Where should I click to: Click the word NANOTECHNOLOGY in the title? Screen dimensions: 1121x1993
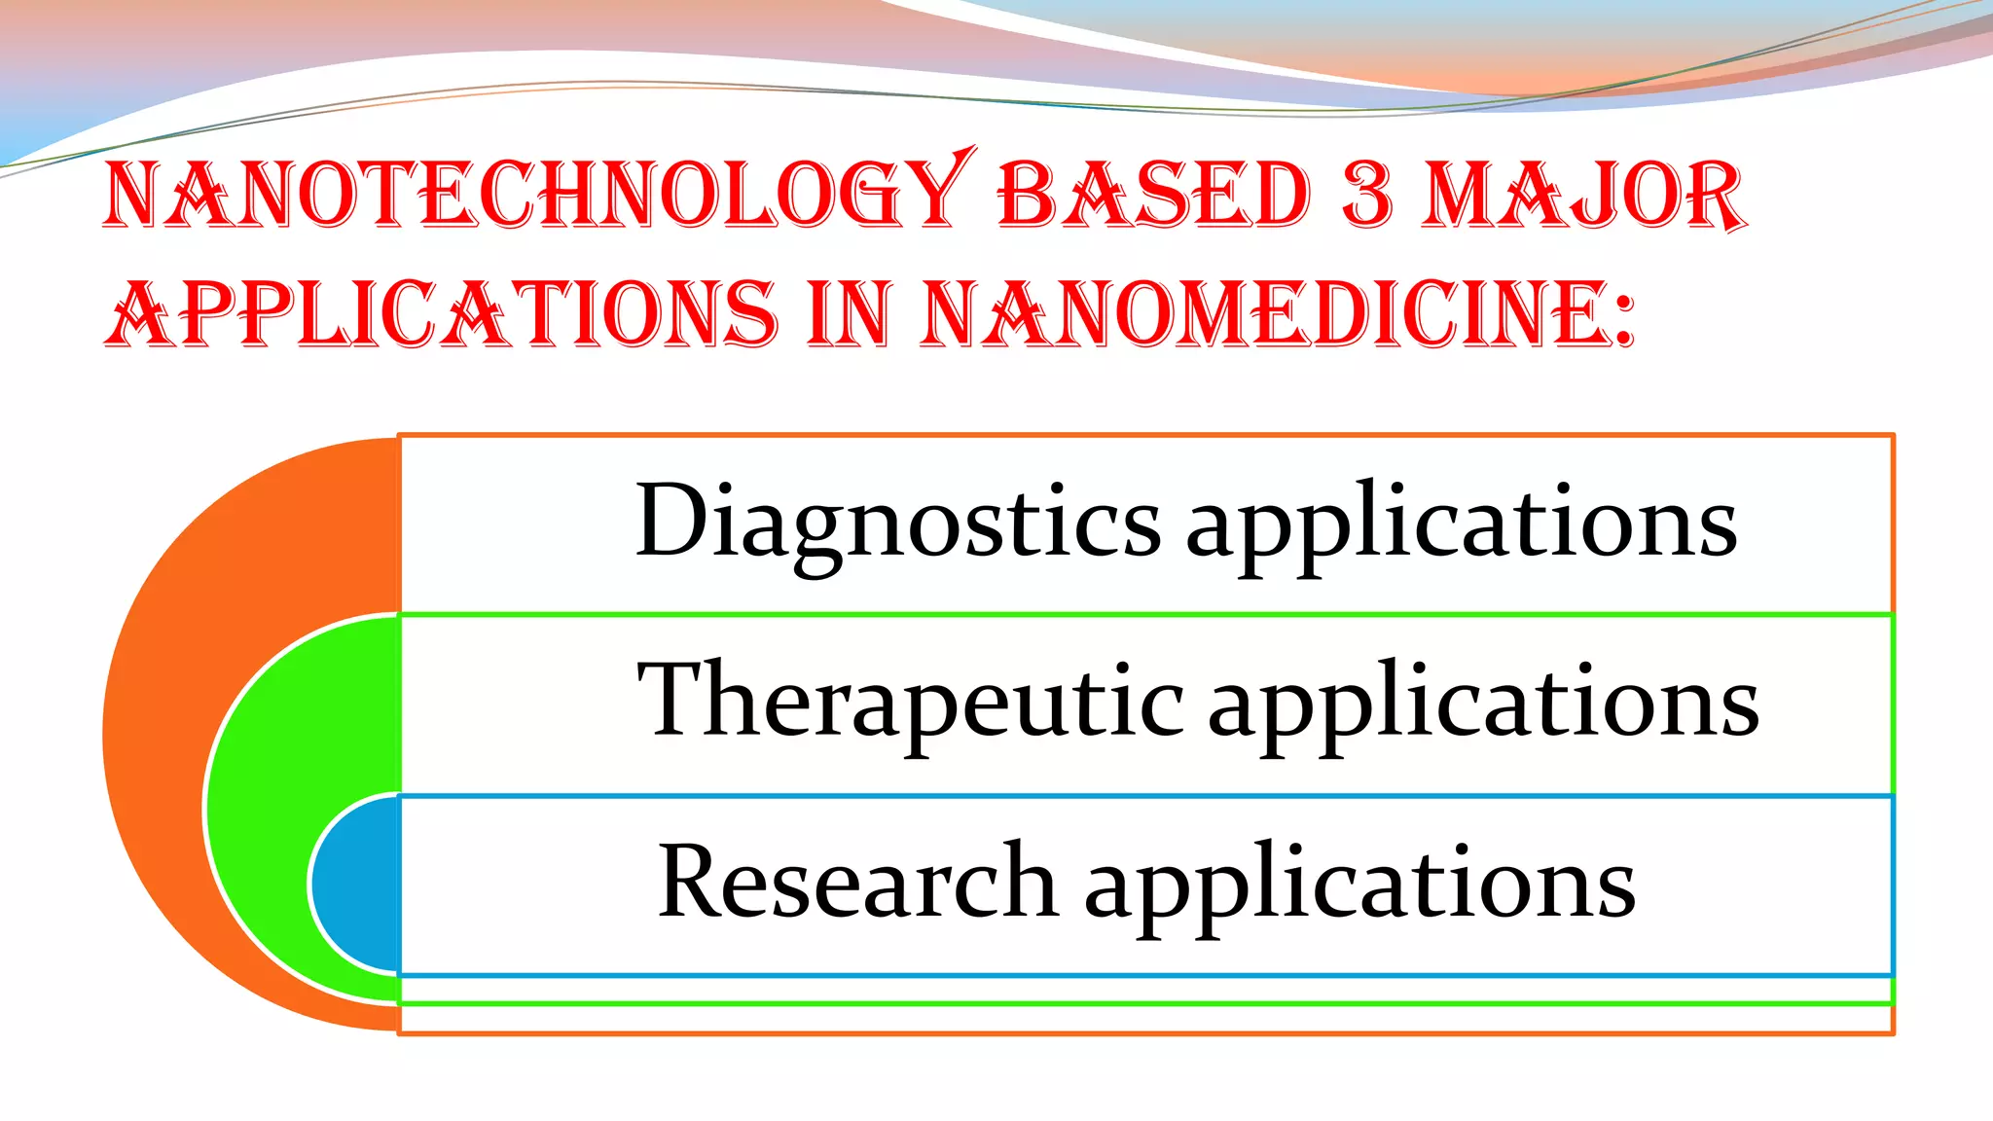[535, 195]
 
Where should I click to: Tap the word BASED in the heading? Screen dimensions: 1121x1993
[1154, 195]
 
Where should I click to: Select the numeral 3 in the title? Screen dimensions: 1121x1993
[1366, 195]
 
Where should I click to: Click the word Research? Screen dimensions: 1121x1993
[857, 881]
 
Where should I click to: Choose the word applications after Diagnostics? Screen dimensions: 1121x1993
[1461, 525]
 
